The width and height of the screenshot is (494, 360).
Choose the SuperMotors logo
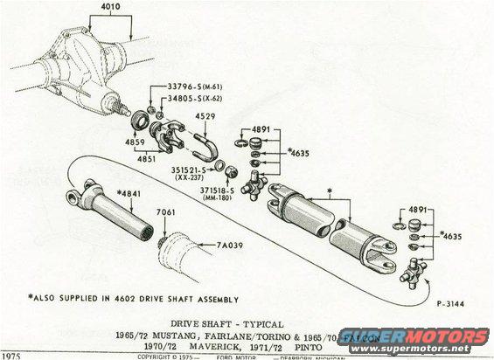point(421,336)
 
